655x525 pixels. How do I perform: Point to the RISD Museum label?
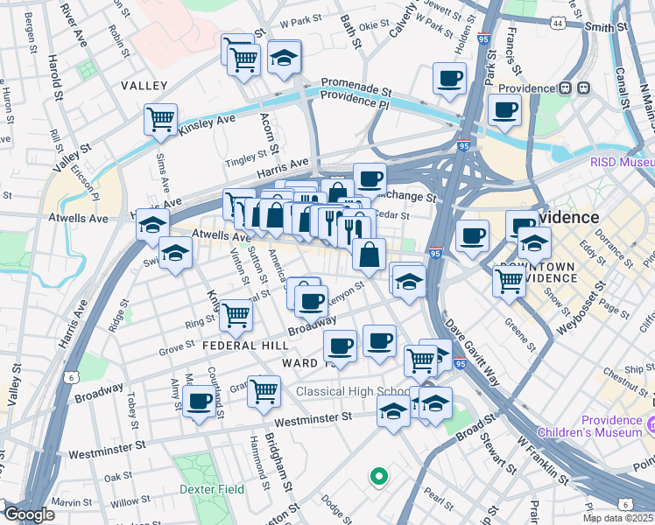(x=622, y=162)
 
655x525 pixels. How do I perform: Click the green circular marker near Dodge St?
(x=378, y=477)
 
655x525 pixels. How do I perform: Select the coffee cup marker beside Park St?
(x=450, y=79)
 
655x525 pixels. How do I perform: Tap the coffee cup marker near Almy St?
(x=200, y=402)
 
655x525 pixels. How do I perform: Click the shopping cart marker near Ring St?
(x=236, y=315)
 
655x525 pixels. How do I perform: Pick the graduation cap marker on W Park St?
(x=284, y=57)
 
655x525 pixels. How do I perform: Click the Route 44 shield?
(x=558, y=24)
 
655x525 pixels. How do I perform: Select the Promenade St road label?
(x=356, y=88)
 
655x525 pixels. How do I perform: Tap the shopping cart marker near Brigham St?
(x=264, y=391)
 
